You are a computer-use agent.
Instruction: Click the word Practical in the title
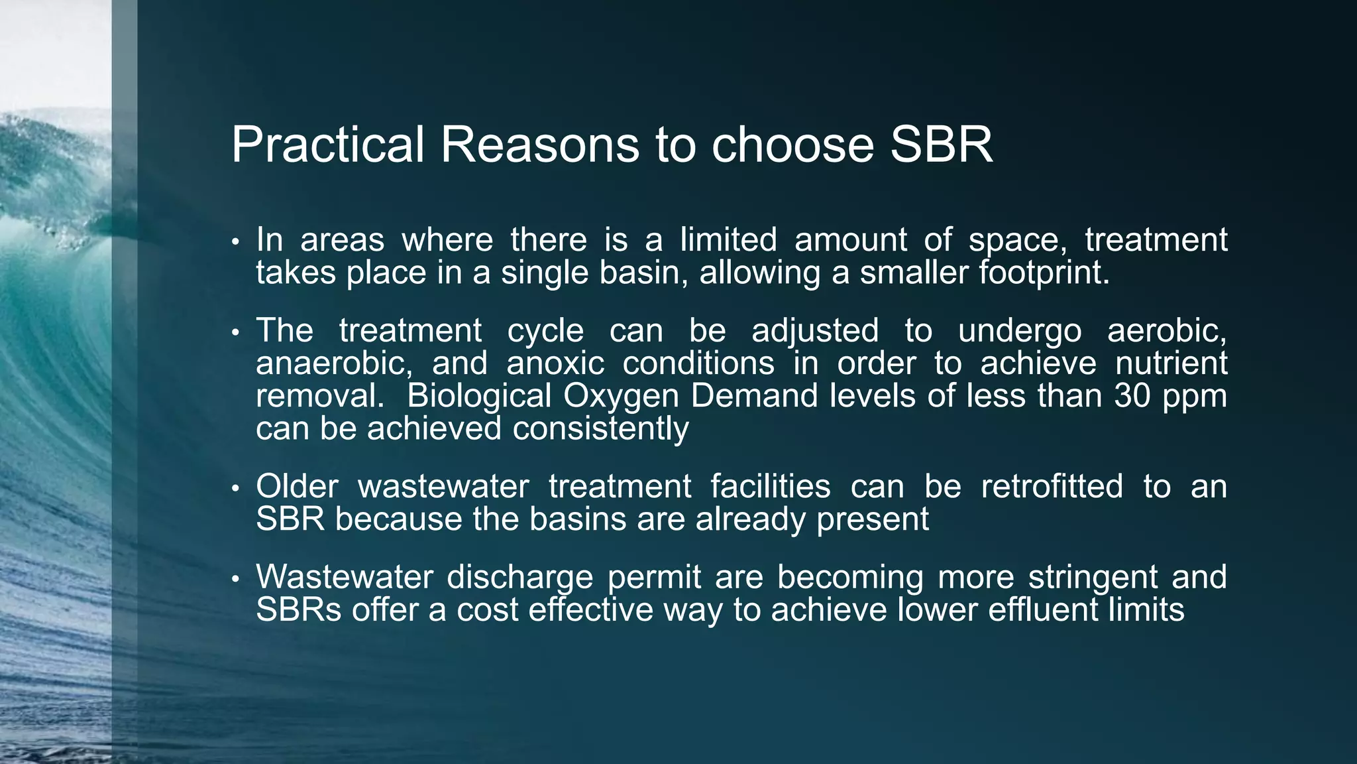[x=327, y=145]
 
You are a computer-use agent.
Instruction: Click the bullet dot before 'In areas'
[x=235, y=242]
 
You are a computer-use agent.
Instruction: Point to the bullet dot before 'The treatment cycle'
[x=235, y=333]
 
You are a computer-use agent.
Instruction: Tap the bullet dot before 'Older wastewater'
[x=235, y=489]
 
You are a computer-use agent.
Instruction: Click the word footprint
[x=1044, y=273]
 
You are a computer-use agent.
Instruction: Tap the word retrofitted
[x=1052, y=486]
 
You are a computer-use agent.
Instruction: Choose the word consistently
[x=600, y=428]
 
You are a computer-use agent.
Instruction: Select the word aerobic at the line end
[x=1166, y=330]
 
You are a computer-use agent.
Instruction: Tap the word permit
[x=654, y=577]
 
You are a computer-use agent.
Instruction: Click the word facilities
[x=770, y=486]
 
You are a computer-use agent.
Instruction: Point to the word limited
[x=728, y=239]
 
